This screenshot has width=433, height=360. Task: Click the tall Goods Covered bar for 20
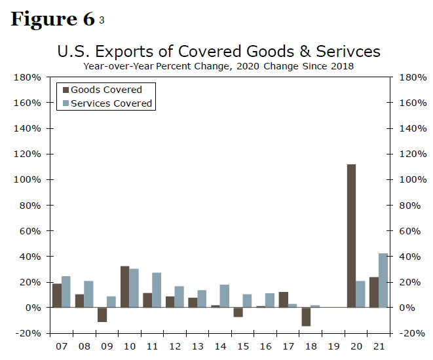point(351,236)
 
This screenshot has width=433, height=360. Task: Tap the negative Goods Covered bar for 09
point(102,315)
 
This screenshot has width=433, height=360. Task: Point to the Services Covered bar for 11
point(157,290)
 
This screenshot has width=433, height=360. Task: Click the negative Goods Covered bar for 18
point(306,317)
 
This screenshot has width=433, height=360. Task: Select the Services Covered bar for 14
point(225,296)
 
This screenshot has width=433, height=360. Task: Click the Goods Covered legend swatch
point(64,90)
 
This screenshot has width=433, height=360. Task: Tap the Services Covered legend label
point(111,103)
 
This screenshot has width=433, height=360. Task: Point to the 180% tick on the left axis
point(29,78)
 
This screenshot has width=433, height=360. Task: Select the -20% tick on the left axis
point(29,333)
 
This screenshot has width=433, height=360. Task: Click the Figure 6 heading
point(52,19)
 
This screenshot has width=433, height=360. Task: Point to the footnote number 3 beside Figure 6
point(101,21)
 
